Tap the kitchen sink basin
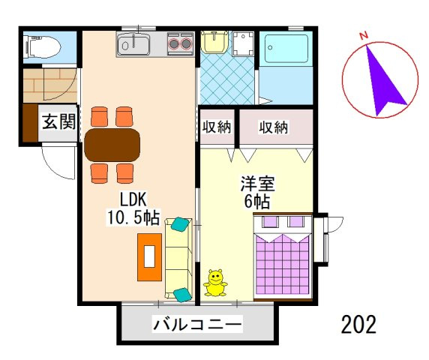(134, 46)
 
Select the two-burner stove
(180, 43)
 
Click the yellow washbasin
(214, 42)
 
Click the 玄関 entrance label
(57, 121)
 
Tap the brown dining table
(112, 145)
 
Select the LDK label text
(133, 200)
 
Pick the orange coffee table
(149, 256)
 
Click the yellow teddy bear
(215, 282)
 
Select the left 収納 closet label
(217, 127)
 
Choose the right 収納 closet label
(274, 127)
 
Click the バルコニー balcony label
(197, 325)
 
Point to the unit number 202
(358, 325)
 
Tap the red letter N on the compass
(364, 35)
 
